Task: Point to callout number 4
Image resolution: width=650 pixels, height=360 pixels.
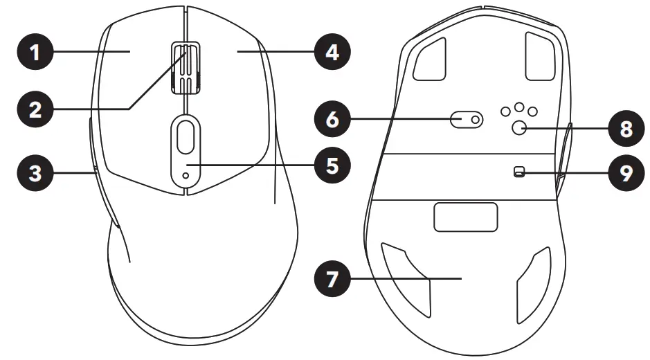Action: pos(332,52)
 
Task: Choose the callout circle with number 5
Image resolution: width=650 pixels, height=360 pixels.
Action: pos(332,165)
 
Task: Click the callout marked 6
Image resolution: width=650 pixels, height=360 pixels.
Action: pos(332,120)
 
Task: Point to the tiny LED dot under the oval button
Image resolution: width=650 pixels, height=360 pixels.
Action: pos(185,176)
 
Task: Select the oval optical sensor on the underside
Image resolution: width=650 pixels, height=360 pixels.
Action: pos(467,120)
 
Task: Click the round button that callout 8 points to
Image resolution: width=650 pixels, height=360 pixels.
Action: pos(519,127)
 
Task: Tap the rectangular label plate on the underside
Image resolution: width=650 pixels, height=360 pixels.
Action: pos(466,217)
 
